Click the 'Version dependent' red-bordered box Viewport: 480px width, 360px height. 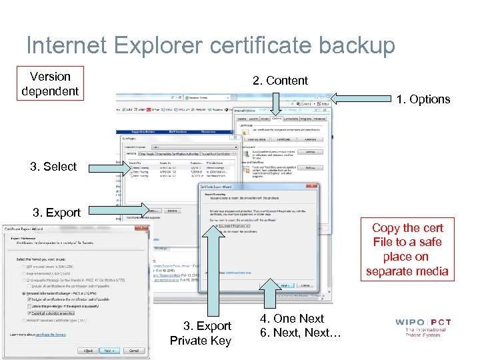click(50, 84)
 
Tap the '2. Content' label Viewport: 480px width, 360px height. click(280, 81)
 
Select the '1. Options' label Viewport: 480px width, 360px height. click(423, 99)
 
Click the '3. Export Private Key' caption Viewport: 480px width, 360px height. click(200, 333)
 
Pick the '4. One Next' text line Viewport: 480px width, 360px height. click(293, 319)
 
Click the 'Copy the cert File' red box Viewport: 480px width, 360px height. click(407, 249)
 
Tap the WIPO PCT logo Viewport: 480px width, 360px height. click(423, 327)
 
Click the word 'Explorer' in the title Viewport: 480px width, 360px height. click(142, 45)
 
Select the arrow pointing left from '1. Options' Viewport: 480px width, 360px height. click(360, 99)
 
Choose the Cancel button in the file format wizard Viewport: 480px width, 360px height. click(135, 351)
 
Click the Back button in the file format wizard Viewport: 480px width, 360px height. click(87, 351)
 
